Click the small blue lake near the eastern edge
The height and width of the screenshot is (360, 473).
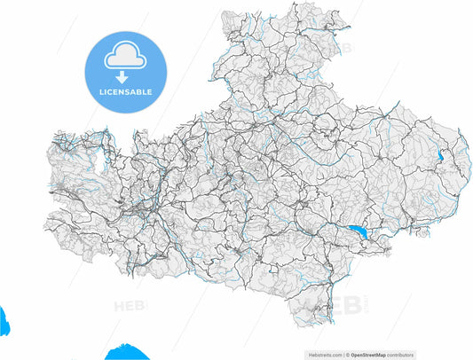(x=440, y=157)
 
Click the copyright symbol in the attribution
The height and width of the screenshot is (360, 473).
(x=348, y=353)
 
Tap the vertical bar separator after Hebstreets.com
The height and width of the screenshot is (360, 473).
(x=343, y=353)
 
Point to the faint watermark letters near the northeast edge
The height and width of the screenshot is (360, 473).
(x=343, y=49)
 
